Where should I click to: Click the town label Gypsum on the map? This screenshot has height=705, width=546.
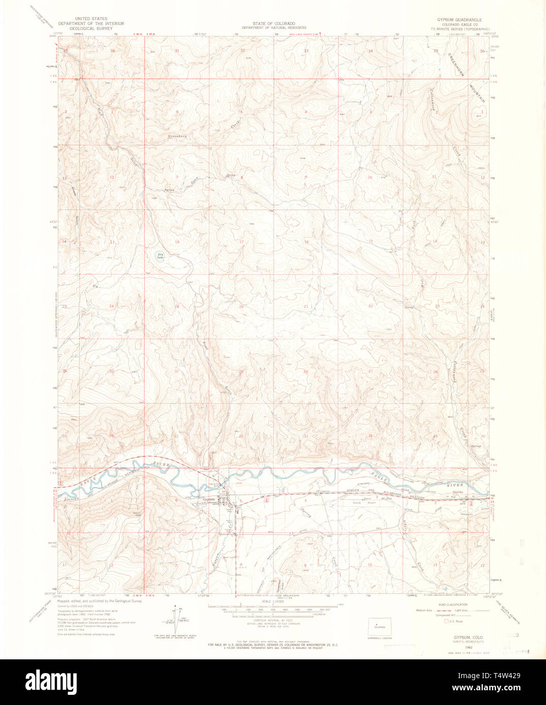209,500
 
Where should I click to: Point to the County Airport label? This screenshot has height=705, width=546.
366,503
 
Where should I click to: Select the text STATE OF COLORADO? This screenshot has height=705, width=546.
273,23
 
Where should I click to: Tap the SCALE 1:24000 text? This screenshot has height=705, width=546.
273,602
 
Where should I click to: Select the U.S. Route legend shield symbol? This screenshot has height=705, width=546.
446,621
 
